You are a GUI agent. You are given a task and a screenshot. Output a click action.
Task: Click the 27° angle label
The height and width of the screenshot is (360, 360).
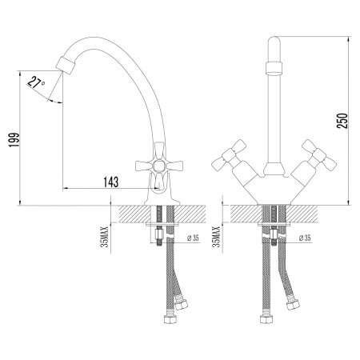point(36,82)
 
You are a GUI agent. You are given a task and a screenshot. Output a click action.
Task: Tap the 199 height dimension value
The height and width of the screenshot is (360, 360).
point(14,140)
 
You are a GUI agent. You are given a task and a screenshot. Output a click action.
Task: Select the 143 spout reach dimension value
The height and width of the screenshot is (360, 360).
point(111,182)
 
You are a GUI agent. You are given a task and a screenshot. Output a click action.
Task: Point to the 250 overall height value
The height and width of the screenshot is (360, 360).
point(342,121)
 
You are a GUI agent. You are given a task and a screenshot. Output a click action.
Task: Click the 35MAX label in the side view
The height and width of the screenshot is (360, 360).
point(105,237)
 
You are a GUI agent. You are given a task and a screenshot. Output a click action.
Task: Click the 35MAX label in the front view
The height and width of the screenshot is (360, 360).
point(216,237)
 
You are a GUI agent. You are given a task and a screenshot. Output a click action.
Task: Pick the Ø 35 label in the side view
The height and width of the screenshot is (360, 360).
point(193,238)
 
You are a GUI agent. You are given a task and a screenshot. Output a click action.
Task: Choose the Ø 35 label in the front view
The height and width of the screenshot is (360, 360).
point(305,238)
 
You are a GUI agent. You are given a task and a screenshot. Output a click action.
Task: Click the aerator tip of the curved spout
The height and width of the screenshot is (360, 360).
point(65,65)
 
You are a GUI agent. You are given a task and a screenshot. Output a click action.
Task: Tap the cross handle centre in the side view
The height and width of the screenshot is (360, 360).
point(159,166)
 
